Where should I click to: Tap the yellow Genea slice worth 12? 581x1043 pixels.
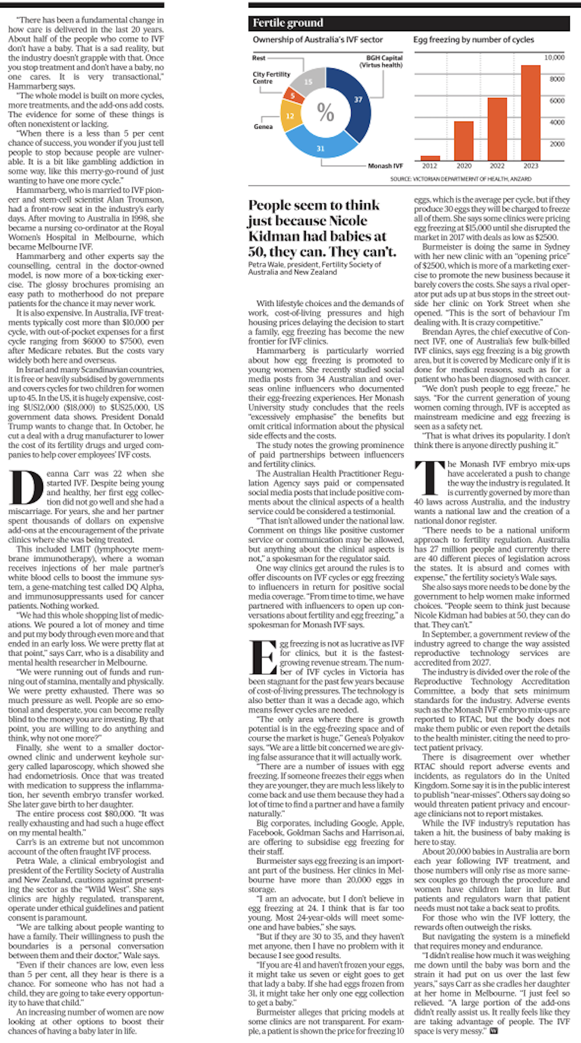[289, 116]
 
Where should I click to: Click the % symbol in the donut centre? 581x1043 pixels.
[325, 112]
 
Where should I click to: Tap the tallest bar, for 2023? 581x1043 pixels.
[530, 113]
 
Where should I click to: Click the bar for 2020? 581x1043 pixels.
[464, 140]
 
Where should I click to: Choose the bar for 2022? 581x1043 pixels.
[497, 128]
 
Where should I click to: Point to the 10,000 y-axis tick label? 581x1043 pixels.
[554, 57]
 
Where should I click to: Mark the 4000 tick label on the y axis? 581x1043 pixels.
[557, 122]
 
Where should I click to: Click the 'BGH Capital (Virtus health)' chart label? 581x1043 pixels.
[384, 61]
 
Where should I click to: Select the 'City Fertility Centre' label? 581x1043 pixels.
[271, 77]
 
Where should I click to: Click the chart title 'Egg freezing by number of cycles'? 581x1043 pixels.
[473, 39]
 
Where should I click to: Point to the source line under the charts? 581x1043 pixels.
[460, 179]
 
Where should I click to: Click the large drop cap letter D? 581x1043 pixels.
[26, 487]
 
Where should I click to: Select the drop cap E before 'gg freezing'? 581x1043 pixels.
[262, 656]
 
